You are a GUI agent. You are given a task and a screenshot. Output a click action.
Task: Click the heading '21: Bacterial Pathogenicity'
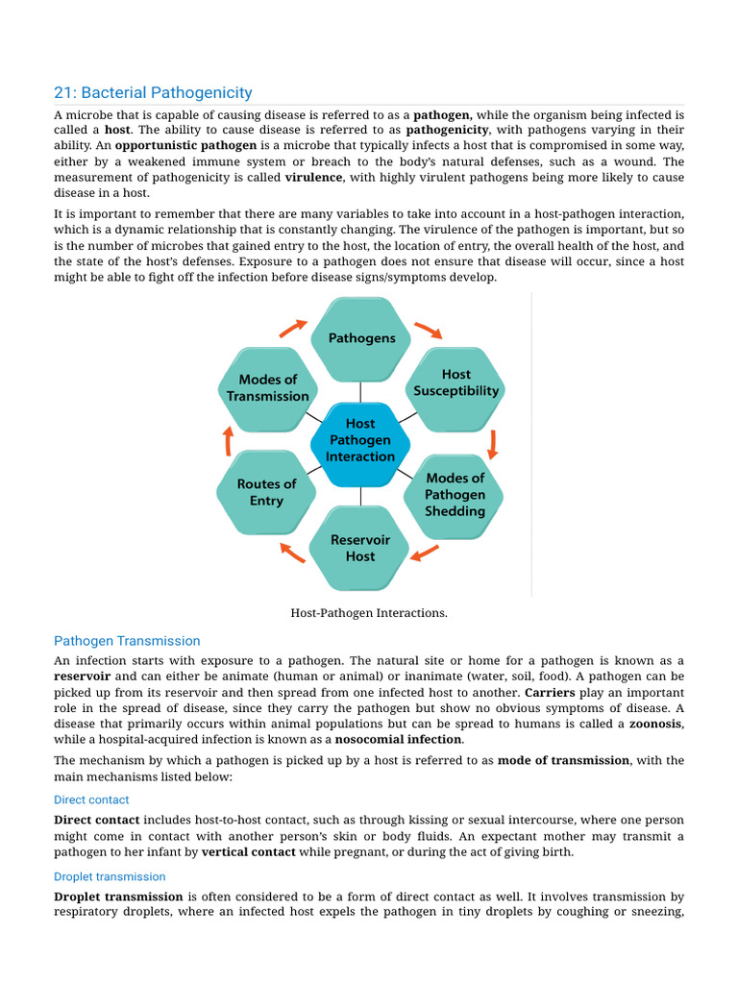click(153, 93)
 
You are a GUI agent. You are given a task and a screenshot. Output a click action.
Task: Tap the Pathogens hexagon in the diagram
click(361, 337)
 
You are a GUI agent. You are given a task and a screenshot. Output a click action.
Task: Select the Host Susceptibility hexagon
click(455, 382)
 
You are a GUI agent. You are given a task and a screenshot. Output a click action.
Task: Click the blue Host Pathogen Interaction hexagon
click(360, 440)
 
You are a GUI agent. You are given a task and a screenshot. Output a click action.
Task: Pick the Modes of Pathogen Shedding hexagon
click(455, 494)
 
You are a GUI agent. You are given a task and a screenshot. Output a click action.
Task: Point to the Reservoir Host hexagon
click(360, 548)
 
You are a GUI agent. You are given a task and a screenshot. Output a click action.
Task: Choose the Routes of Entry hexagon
click(267, 492)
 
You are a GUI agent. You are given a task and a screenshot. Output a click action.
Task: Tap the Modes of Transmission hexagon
click(267, 387)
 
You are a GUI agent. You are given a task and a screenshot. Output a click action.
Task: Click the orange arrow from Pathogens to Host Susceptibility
click(428, 330)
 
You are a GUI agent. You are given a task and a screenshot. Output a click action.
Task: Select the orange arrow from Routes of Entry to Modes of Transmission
click(229, 441)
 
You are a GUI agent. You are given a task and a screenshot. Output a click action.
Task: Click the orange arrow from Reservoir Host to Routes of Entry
click(292, 552)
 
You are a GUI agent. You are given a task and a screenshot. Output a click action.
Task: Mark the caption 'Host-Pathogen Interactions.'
click(369, 612)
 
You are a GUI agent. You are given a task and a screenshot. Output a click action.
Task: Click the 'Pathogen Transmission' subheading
click(127, 641)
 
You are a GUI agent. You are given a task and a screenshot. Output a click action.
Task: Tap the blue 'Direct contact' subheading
click(91, 799)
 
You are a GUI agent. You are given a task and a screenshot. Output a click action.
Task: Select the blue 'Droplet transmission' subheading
click(110, 876)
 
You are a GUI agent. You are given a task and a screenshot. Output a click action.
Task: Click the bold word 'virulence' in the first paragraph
click(314, 178)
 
